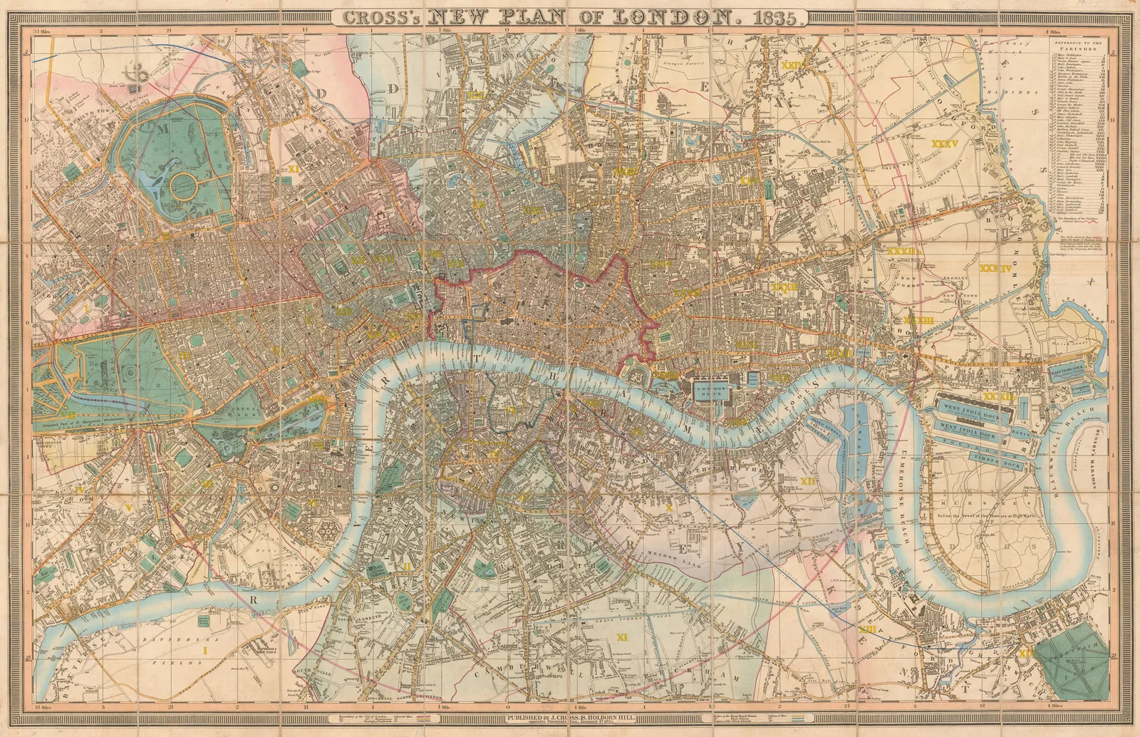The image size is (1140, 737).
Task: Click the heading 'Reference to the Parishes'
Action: click(1077, 46)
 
